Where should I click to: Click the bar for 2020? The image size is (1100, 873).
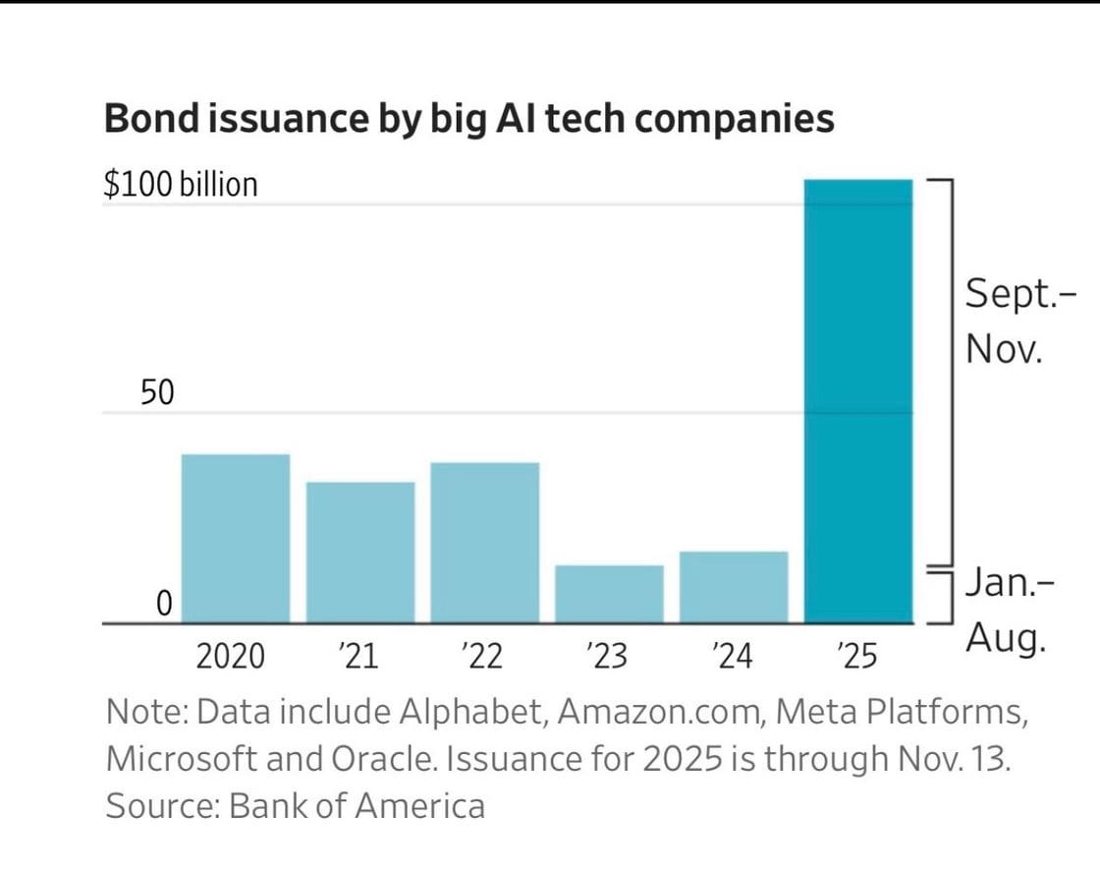[236, 538]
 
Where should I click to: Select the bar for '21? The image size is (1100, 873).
[360, 552]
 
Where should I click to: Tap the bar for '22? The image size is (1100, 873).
[485, 542]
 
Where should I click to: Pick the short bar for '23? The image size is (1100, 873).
[609, 594]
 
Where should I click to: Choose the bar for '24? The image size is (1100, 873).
[734, 587]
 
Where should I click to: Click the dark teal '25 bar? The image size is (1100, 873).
[858, 401]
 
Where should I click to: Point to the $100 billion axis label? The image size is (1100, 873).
[181, 184]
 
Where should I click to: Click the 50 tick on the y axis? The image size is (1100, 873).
[157, 392]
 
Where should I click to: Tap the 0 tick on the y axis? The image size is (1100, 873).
[165, 603]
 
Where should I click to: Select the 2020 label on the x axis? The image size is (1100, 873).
[231, 656]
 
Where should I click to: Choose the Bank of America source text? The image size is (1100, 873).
[357, 805]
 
